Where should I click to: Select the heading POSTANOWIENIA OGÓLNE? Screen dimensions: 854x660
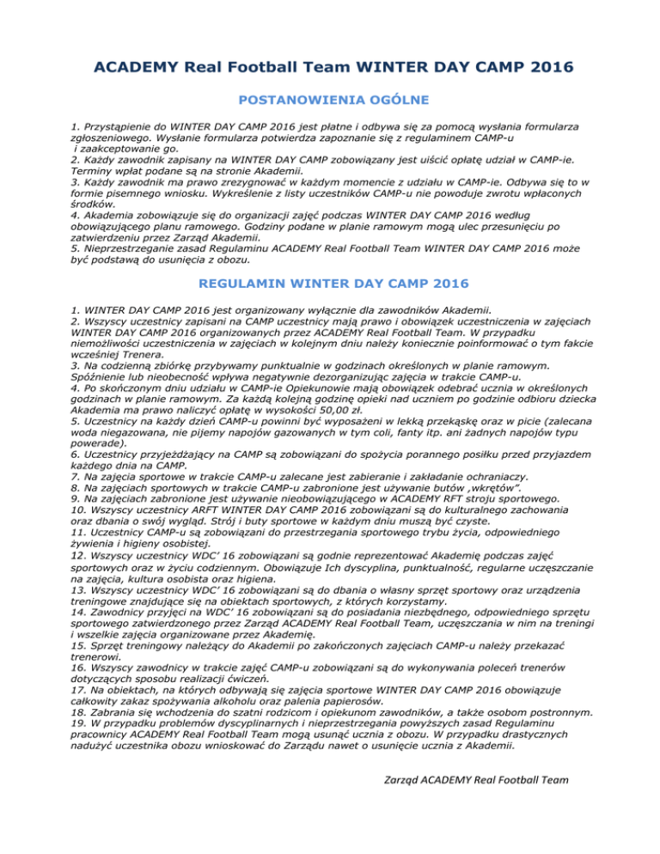point(329,101)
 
